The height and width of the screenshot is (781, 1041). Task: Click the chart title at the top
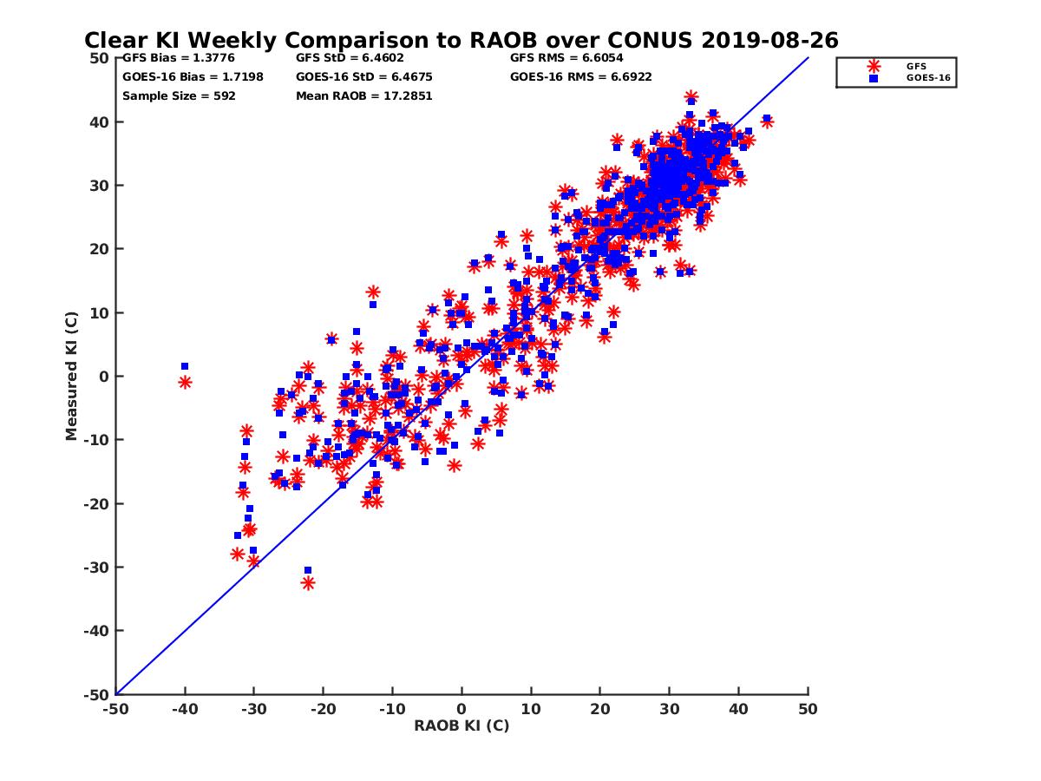pos(461,40)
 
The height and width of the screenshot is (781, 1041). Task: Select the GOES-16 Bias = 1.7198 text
pos(193,76)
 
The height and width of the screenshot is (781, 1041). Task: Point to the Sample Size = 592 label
pos(179,95)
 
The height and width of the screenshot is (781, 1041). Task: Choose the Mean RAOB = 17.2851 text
pos(363,95)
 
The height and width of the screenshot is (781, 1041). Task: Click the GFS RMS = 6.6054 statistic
pos(566,59)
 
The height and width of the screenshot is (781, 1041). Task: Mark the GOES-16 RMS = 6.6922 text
pos(581,76)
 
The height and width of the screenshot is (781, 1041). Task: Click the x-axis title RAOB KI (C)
pos(462,725)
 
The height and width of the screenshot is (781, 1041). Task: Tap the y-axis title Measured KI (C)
pos(72,376)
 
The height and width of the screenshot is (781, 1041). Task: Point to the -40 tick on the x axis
pos(185,709)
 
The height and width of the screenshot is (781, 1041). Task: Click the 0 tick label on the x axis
pos(462,709)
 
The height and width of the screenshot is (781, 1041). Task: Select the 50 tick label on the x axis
pos(808,709)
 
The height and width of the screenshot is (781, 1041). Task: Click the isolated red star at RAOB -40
pos(185,382)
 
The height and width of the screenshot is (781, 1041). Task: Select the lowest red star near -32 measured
pos(308,583)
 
